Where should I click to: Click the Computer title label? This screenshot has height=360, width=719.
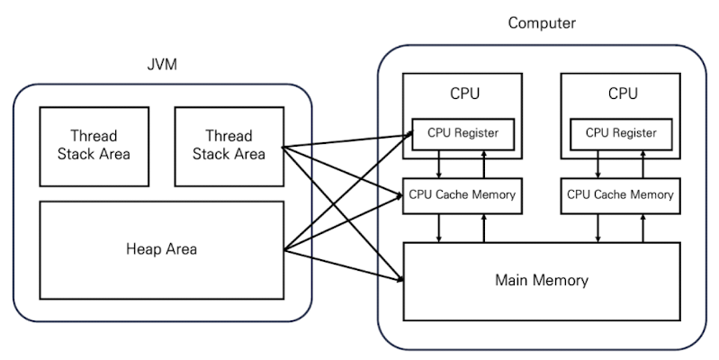point(542,22)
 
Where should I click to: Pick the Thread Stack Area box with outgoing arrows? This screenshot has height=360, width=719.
point(228,145)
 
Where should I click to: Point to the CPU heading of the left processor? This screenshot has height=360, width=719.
point(464,94)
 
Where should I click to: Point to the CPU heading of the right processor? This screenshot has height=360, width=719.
point(623,94)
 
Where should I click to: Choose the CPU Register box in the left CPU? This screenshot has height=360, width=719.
point(463,134)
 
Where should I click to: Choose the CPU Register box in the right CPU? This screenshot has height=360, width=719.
point(621,134)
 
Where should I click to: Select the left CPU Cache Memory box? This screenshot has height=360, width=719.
point(463,194)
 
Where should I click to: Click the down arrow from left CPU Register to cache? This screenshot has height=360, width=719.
point(439,164)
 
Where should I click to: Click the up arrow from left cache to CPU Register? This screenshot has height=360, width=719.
point(485,164)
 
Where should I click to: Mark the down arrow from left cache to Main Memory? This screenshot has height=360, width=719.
point(439,228)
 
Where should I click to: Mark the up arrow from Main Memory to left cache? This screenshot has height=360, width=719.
point(485,228)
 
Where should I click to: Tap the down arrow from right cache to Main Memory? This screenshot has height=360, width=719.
point(598,228)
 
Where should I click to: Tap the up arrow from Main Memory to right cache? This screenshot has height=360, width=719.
point(643,228)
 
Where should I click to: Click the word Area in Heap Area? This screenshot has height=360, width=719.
point(179,249)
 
